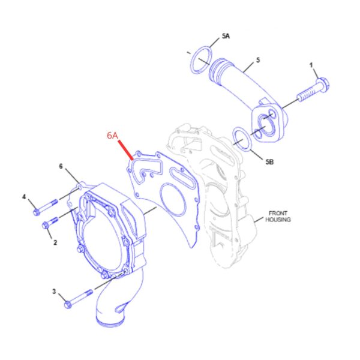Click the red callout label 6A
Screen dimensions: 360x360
click(113, 136)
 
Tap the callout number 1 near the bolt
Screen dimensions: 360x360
click(311, 65)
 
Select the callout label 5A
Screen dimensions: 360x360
click(226, 36)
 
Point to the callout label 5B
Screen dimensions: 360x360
click(269, 162)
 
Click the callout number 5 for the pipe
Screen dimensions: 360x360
click(258, 60)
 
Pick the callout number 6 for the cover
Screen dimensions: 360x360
click(61, 166)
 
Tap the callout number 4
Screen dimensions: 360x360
click(24, 197)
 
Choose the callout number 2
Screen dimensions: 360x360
click(55, 242)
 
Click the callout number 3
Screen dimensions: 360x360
click(54, 292)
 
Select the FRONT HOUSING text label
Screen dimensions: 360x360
click(278, 217)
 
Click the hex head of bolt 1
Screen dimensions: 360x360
click(323, 85)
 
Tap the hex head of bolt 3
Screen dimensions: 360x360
click(68, 305)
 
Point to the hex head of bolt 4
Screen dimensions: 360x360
click(36, 212)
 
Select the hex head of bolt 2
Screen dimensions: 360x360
click(45, 226)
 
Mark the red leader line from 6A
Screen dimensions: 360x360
click(125, 150)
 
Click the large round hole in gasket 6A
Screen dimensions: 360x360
click(173, 199)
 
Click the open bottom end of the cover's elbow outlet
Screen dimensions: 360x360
click(110, 322)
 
